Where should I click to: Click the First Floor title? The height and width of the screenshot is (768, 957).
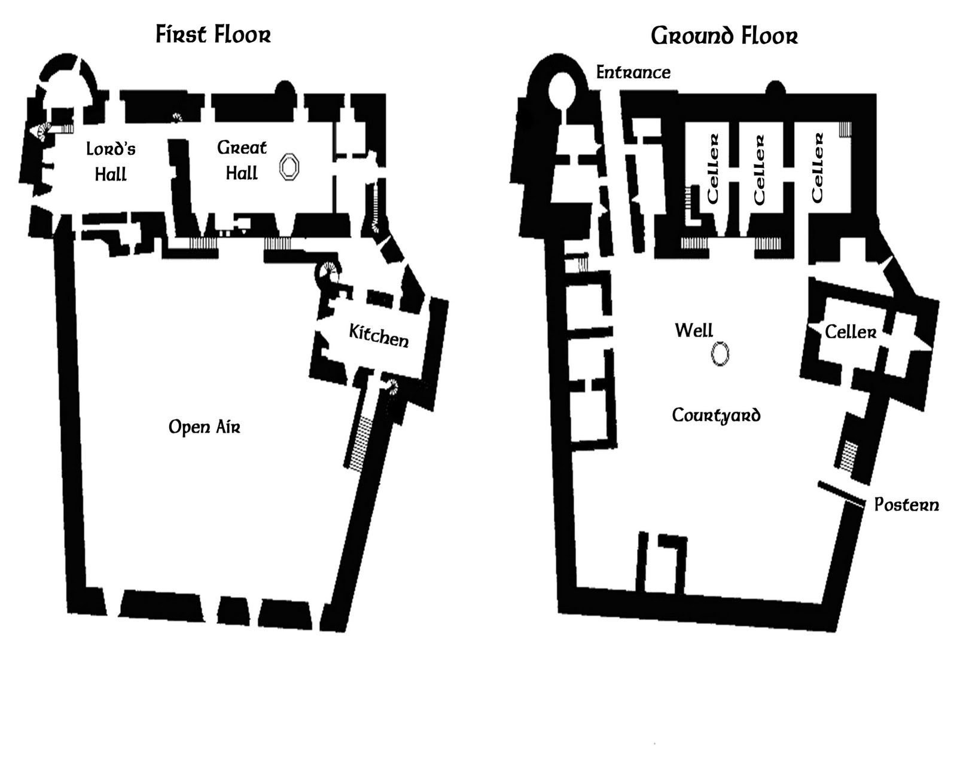click(213, 35)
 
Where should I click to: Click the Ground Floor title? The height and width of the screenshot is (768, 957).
click(724, 36)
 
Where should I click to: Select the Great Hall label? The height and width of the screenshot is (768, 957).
click(242, 160)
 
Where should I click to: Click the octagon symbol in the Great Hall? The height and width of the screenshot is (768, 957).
click(289, 167)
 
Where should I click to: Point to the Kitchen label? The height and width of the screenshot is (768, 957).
click(379, 336)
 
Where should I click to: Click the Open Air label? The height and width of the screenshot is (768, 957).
click(204, 427)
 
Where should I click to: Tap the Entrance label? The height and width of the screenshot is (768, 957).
click(633, 73)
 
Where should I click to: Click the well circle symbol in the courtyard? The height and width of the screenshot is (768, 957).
click(720, 354)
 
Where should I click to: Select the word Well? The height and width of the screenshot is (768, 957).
click(694, 331)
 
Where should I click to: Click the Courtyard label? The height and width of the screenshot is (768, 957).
click(716, 415)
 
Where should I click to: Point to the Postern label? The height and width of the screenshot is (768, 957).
click(906, 505)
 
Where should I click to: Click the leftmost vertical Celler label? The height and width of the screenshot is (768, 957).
click(712, 169)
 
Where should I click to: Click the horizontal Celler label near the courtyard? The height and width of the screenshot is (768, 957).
click(850, 332)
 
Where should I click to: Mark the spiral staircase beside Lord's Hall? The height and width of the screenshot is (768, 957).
click(43, 131)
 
